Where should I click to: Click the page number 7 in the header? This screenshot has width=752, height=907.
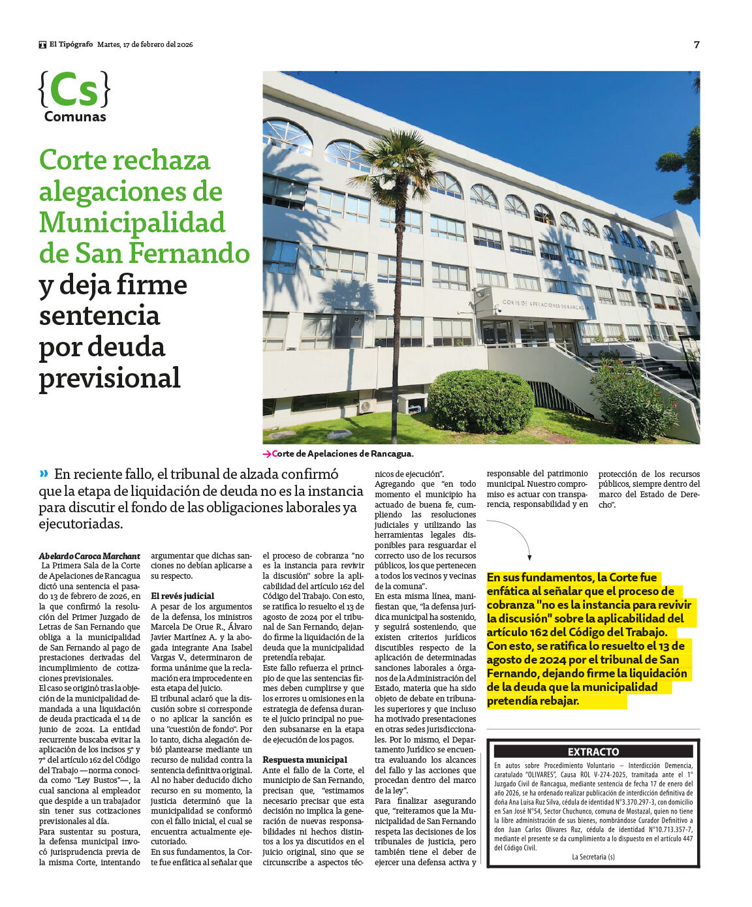click(696, 44)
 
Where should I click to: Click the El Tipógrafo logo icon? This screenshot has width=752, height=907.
click(42, 44)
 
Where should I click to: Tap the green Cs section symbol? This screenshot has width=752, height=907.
click(74, 90)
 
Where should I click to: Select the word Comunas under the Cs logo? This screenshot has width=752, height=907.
click(75, 117)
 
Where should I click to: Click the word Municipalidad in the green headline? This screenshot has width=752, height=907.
click(132, 223)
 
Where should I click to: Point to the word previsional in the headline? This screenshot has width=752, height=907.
click(110, 378)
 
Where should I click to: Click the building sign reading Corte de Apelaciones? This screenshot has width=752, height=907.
click(544, 305)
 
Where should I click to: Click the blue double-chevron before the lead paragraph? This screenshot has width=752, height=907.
click(44, 474)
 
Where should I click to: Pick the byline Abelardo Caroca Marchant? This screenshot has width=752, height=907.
click(89, 556)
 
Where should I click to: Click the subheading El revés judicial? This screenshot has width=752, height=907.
click(182, 596)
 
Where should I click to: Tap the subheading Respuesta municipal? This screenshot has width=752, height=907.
click(305, 760)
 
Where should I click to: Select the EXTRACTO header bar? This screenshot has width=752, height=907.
click(593, 752)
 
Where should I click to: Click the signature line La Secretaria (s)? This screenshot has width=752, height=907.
click(593, 857)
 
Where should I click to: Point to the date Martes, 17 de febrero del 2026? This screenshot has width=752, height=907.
click(145, 44)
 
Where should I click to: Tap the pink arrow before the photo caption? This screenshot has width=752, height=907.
click(266, 454)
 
